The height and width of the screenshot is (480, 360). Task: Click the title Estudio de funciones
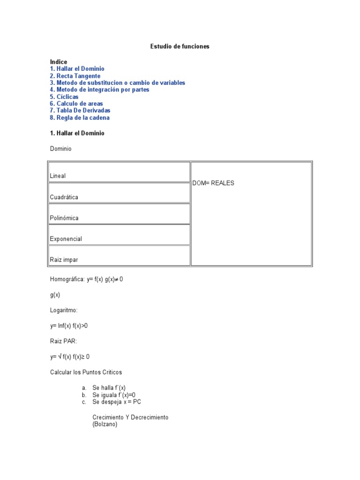[180, 46]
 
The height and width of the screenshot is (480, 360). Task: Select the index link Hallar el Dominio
[77, 69]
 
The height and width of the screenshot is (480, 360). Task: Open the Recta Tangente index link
[75, 76]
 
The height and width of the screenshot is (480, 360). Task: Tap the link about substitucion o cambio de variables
[117, 83]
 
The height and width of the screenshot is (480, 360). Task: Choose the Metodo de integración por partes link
[99, 90]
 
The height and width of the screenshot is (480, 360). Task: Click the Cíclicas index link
[64, 97]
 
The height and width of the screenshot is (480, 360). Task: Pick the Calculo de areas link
[76, 104]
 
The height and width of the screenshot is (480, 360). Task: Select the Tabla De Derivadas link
[80, 111]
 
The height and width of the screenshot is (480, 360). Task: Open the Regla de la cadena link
[80, 118]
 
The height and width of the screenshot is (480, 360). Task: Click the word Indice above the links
[59, 62]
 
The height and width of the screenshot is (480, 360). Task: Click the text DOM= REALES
[213, 183]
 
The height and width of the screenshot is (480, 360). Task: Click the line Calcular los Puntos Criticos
[86, 372]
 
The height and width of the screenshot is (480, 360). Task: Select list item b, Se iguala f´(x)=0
[114, 395]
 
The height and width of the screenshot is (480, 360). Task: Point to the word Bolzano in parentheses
[105, 424]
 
